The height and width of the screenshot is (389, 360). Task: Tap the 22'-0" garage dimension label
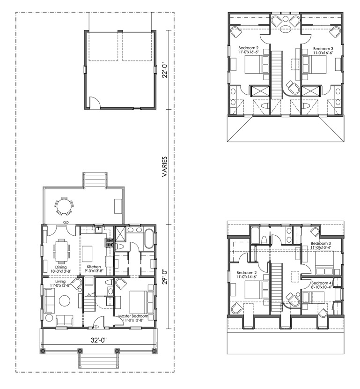(165, 71)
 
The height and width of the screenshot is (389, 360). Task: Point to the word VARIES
(164, 166)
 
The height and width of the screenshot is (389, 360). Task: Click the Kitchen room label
(94, 267)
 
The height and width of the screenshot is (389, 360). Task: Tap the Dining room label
(61, 267)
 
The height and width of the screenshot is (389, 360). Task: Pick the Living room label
(60, 281)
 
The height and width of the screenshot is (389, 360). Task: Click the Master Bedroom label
(133, 316)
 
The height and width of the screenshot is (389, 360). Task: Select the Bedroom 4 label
(321, 283)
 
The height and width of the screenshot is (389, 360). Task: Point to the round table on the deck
(64, 206)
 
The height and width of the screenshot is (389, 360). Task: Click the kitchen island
(87, 254)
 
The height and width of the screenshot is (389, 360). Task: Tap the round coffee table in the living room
(65, 300)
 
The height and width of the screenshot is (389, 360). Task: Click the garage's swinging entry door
(95, 102)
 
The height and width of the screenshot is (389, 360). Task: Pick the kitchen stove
(110, 243)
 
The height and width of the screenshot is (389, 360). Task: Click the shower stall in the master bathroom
(121, 233)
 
